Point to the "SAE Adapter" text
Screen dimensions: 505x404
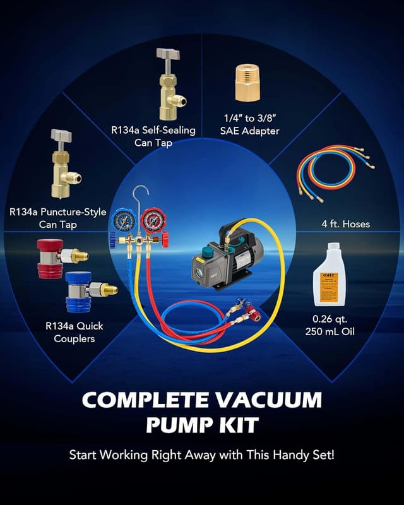coord(251,131)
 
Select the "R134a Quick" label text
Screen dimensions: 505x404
coord(74,326)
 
